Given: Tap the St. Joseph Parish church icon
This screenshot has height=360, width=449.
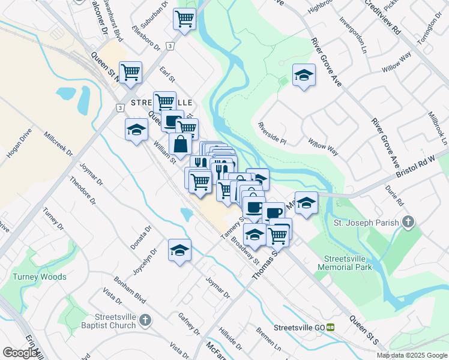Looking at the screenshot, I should (x=408, y=223).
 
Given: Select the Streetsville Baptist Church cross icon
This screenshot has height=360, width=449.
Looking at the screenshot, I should (x=145, y=321).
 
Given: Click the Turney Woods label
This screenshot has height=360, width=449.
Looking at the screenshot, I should (x=40, y=277).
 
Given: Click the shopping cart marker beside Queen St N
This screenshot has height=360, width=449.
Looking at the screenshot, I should (x=130, y=72).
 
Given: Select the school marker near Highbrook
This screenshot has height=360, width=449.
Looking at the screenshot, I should (x=304, y=75).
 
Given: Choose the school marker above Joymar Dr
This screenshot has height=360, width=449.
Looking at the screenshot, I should (x=179, y=250).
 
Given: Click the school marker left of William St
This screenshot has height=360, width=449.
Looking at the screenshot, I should (x=136, y=130).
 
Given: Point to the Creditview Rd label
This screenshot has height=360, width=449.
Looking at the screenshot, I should (x=381, y=17).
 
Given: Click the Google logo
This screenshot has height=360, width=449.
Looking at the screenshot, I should (x=20, y=353).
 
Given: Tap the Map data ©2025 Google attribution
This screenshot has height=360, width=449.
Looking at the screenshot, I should (x=412, y=355).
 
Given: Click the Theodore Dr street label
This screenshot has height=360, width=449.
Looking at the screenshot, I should (x=82, y=190).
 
